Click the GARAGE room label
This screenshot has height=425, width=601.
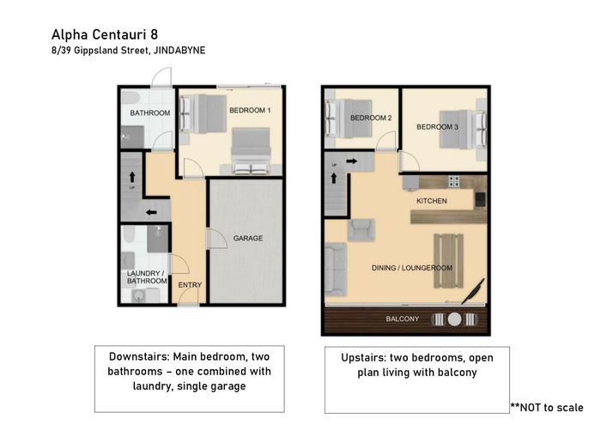[x=248, y=238]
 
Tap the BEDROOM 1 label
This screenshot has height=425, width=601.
[x=250, y=111]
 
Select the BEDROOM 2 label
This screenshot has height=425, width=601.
[x=371, y=118]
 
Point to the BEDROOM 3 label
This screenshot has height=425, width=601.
[x=437, y=127]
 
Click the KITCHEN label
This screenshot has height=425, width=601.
[x=432, y=201]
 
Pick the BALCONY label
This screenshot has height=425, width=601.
[x=403, y=319]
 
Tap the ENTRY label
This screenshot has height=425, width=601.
[x=190, y=285]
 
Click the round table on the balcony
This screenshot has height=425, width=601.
[x=454, y=319]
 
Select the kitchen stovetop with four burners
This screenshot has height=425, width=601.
[x=454, y=181]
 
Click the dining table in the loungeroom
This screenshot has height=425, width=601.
[x=448, y=261]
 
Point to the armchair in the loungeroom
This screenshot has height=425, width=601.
[x=361, y=230]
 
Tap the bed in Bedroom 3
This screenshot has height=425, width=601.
[x=463, y=129]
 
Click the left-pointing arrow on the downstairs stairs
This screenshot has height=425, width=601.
[x=151, y=212]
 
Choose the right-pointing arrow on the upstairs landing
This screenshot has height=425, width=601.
[x=352, y=161]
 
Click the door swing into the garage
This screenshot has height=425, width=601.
[x=217, y=239]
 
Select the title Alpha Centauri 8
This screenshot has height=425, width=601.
[x=105, y=34]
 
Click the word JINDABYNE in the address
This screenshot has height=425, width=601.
[x=179, y=50]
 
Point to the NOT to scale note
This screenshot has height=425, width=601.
[x=547, y=407]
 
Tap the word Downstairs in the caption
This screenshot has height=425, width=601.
[x=139, y=356]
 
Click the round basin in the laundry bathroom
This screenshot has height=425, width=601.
[x=138, y=296]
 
